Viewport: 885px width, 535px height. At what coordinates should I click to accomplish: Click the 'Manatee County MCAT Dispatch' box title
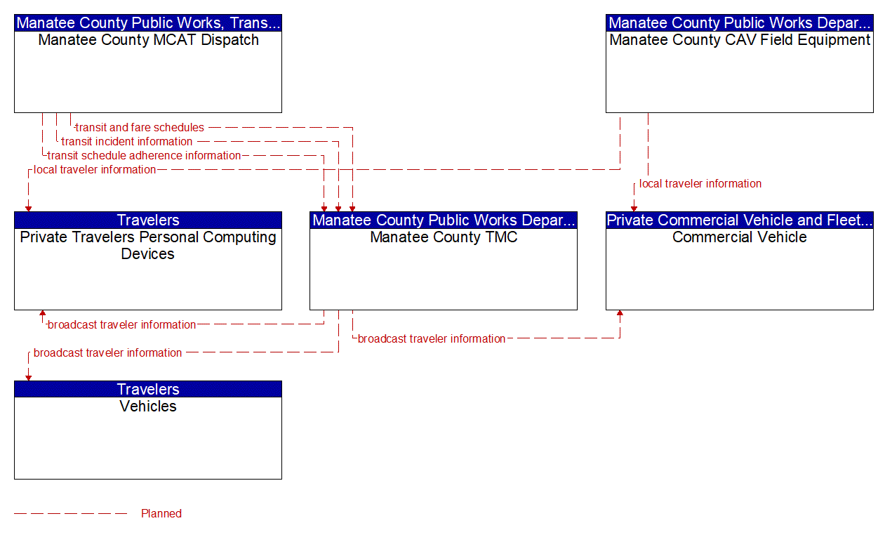point(148,40)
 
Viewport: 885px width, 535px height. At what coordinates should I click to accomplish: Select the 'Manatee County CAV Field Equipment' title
point(740,40)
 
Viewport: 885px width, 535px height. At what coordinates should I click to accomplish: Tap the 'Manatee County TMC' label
point(444,237)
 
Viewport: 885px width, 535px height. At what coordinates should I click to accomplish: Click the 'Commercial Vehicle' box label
point(740,237)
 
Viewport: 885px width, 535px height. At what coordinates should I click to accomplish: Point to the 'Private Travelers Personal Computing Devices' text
point(148,246)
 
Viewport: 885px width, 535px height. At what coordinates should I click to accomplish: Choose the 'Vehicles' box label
point(148,407)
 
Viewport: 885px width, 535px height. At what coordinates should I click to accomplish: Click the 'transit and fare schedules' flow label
point(140,128)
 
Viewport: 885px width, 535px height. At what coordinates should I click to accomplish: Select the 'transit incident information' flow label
point(126,142)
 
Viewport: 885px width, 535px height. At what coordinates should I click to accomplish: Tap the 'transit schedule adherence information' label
point(144,156)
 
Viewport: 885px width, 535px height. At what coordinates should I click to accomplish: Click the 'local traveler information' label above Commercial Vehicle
point(700,184)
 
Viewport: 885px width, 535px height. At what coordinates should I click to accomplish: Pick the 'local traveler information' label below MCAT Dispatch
point(95,170)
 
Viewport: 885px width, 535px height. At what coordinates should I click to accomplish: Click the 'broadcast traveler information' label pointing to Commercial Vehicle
point(432,339)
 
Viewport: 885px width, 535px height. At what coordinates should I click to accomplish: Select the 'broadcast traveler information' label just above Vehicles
point(107,353)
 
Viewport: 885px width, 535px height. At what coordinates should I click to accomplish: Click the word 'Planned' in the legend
point(161,514)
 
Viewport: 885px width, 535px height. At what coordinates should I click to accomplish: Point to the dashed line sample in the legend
point(70,514)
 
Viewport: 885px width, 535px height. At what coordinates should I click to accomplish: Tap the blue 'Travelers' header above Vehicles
point(148,390)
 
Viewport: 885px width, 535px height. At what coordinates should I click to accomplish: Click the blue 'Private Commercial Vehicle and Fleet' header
point(740,220)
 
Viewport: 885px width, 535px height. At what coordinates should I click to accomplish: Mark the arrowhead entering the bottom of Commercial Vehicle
point(620,314)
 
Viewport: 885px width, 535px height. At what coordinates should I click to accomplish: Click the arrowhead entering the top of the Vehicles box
point(28,377)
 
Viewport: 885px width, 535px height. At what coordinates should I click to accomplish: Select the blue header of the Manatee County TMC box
point(444,220)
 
